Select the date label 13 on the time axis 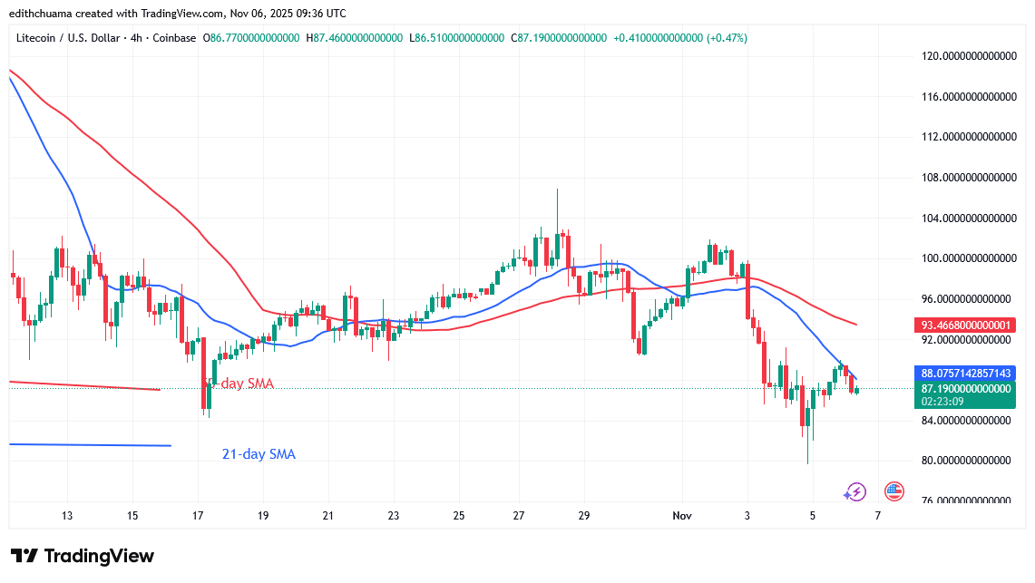67,516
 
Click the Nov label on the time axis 682,516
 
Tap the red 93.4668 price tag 963,325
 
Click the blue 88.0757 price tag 963,373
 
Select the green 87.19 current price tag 963,388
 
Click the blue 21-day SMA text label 259,454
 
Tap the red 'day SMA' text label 247,384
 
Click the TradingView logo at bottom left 83,556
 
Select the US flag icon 893,491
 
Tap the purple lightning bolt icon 854,492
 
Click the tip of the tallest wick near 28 557,189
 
